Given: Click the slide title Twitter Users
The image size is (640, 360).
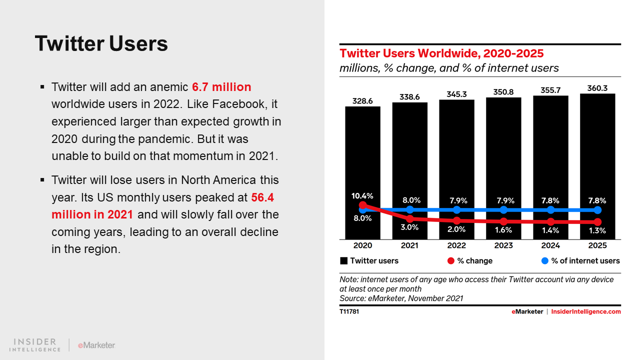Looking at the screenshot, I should coord(101,43).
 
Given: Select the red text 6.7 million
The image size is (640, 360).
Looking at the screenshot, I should coord(221,87).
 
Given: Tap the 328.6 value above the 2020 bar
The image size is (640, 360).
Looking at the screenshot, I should coord(362,100).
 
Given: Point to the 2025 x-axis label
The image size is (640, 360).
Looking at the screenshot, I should coord(597,245).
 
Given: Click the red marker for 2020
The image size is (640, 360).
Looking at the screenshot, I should coord(363,205).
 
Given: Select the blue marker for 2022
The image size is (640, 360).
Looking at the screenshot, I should coord(456,209).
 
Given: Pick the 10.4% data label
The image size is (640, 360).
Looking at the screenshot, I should coord(362,195).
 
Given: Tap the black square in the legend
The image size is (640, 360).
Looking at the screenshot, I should coord(343,260).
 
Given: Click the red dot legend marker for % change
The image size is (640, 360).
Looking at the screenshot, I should coord(450,260).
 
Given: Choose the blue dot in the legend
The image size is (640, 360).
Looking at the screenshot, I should coord(544,260).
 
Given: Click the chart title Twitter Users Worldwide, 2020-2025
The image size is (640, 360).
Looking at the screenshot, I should coord(441,53).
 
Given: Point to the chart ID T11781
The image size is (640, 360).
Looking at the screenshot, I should coord(349,311).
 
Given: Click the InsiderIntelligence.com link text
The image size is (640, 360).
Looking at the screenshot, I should coord(585,311).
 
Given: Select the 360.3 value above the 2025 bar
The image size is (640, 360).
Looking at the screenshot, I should coord(597,88).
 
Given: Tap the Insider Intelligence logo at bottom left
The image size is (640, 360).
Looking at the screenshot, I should coord(35,344).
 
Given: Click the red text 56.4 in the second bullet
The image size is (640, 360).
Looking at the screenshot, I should coord(262,197).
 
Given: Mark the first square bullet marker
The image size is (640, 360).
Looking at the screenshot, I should coord(42,87).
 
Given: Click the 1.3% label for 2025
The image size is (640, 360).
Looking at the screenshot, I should coord(597,230).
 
